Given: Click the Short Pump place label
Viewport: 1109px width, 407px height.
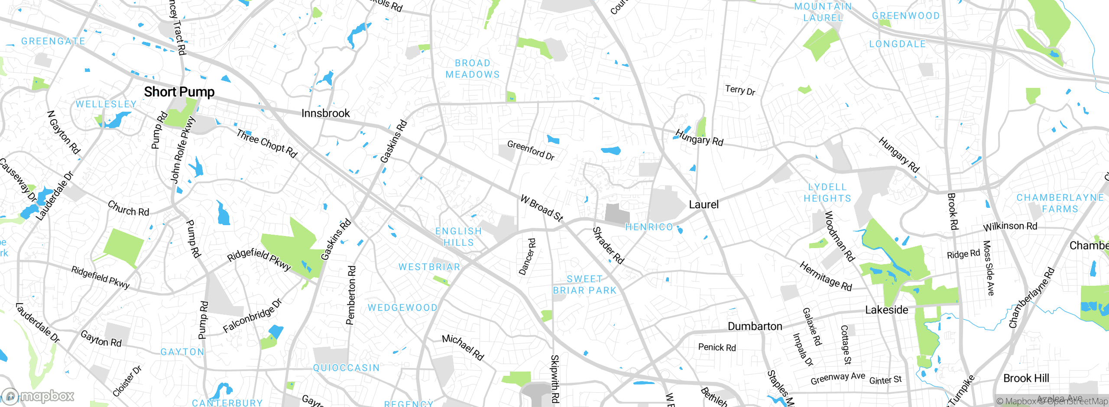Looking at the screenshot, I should click(179, 92).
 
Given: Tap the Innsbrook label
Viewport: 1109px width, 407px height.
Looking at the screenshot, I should click(325, 113).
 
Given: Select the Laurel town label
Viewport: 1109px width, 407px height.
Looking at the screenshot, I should click(704, 204).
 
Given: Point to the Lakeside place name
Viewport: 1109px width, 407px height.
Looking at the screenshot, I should click(886, 310).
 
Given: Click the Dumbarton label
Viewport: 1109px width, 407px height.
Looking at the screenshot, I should click(755, 326).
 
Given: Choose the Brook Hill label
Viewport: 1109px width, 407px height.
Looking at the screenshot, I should click(1026, 378).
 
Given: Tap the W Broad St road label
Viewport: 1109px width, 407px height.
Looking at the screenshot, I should click(542, 208).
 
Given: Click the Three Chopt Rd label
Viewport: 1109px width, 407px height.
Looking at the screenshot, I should click(266, 143).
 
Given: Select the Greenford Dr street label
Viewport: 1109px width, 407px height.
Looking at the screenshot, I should click(531, 150).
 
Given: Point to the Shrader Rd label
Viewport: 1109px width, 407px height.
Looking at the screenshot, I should click(608, 245).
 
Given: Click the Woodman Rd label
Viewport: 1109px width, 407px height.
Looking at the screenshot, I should click(839, 236).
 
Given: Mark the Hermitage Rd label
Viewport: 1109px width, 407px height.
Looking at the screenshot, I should click(825, 276).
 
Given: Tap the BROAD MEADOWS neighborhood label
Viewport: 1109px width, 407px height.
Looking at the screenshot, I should click(473, 69).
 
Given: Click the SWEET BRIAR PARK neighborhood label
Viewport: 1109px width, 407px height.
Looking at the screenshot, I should click(584, 285).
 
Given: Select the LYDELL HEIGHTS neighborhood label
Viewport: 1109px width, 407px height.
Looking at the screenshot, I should click(827, 193).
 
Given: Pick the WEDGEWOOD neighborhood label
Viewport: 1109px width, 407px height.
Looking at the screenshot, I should click(402, 308).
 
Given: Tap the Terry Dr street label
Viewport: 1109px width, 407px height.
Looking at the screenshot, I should click(740, 90).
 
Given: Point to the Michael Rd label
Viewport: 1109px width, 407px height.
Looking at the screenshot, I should click(463, 347).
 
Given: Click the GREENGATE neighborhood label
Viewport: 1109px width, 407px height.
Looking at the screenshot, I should click(53, 41).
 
